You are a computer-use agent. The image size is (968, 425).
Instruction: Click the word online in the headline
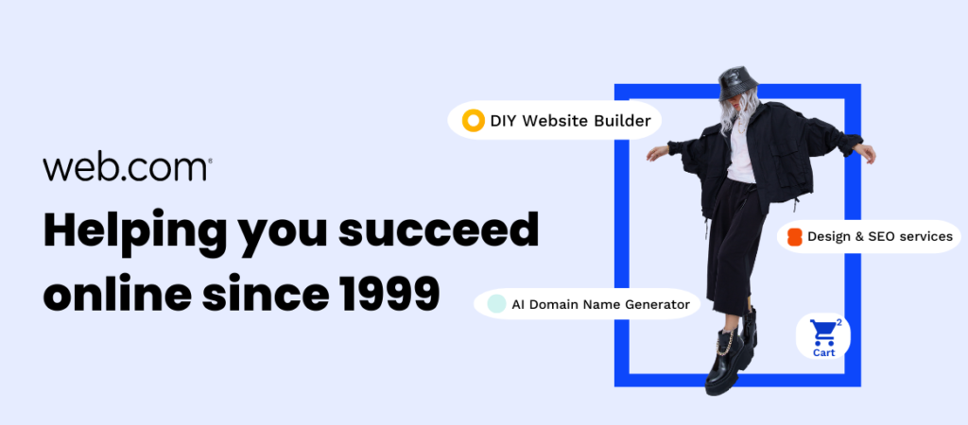click(x=116, y=293)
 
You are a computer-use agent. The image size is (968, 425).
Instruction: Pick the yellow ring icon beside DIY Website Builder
click(x=474, y=120)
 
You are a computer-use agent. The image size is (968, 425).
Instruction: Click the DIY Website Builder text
click(x=570, y=121)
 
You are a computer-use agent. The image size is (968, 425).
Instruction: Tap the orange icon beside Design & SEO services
click(x=794, y=237)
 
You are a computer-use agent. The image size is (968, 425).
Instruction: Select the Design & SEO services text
click(x=880, y=236)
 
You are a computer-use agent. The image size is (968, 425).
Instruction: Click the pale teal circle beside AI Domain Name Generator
click(x=496, y=303)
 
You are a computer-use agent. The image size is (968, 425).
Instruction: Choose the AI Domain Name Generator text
click(x=600, y=304)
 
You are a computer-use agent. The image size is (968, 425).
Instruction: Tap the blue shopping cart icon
click(x=823, y=332)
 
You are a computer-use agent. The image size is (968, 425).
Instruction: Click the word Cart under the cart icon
click(x=823, y=353)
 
